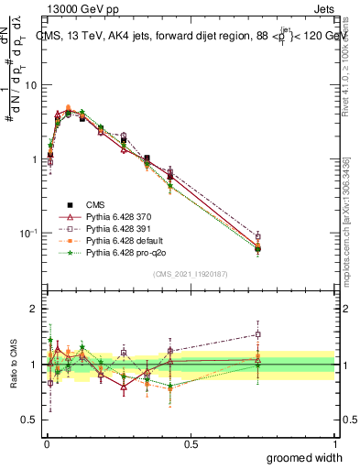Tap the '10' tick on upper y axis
tap(31, 85)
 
